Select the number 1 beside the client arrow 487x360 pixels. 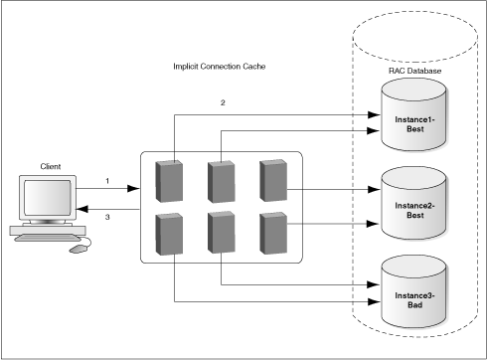(x=105, y=180)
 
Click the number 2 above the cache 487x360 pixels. (x=224, y=102)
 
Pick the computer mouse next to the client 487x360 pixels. (x=76, y=248)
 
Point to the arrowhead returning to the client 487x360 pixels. (x=83, y=208)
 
